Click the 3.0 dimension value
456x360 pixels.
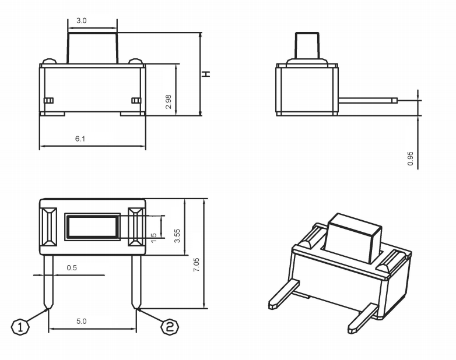(82, 20)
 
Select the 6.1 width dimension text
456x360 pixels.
(80, 139)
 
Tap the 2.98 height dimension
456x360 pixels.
(169, 102)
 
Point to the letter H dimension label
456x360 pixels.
(206, 74)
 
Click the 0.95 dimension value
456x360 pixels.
(411, 158)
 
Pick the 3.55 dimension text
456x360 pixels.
(177, 236)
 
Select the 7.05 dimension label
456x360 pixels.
(197, 264)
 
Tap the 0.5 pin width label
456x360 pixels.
(72, 267)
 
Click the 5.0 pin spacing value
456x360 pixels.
(82, 321)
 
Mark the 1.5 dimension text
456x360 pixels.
(154, 238)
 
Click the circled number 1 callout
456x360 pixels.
(20, 327)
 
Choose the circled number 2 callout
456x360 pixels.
(170, 327)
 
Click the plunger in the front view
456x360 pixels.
(93, 48)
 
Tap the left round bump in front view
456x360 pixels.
(50, 61)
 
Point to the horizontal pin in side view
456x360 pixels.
(367, 101)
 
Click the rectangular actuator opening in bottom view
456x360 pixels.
(93, 227)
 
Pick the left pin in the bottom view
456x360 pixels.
(48, 282)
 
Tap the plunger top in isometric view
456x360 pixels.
(355, 223)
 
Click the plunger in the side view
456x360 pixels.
(307, 45)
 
